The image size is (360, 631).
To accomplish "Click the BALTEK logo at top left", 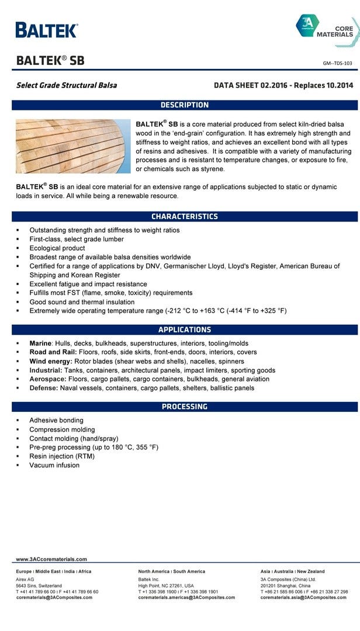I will coord(46,30).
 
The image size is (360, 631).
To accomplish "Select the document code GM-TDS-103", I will coord(338,63).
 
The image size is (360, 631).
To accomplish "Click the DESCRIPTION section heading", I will coord(185,105).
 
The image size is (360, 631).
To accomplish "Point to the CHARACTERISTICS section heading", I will coord(185,216).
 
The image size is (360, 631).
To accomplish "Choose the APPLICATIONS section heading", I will coord(185,330).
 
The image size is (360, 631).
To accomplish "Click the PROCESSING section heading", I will coord(185,407).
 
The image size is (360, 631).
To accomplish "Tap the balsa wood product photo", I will coord(73,146).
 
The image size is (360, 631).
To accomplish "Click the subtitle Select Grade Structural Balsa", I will coord(67,85).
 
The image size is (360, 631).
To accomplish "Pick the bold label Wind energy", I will coord(51,361).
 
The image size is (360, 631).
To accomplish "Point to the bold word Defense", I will coord(45,388).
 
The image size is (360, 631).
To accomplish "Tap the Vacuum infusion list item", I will coord(54,465).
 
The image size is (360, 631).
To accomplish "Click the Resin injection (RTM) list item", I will coord(62,456).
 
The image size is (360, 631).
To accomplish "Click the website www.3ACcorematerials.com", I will coord(51,559).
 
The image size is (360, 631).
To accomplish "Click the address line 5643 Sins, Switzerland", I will coord(39,585).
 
